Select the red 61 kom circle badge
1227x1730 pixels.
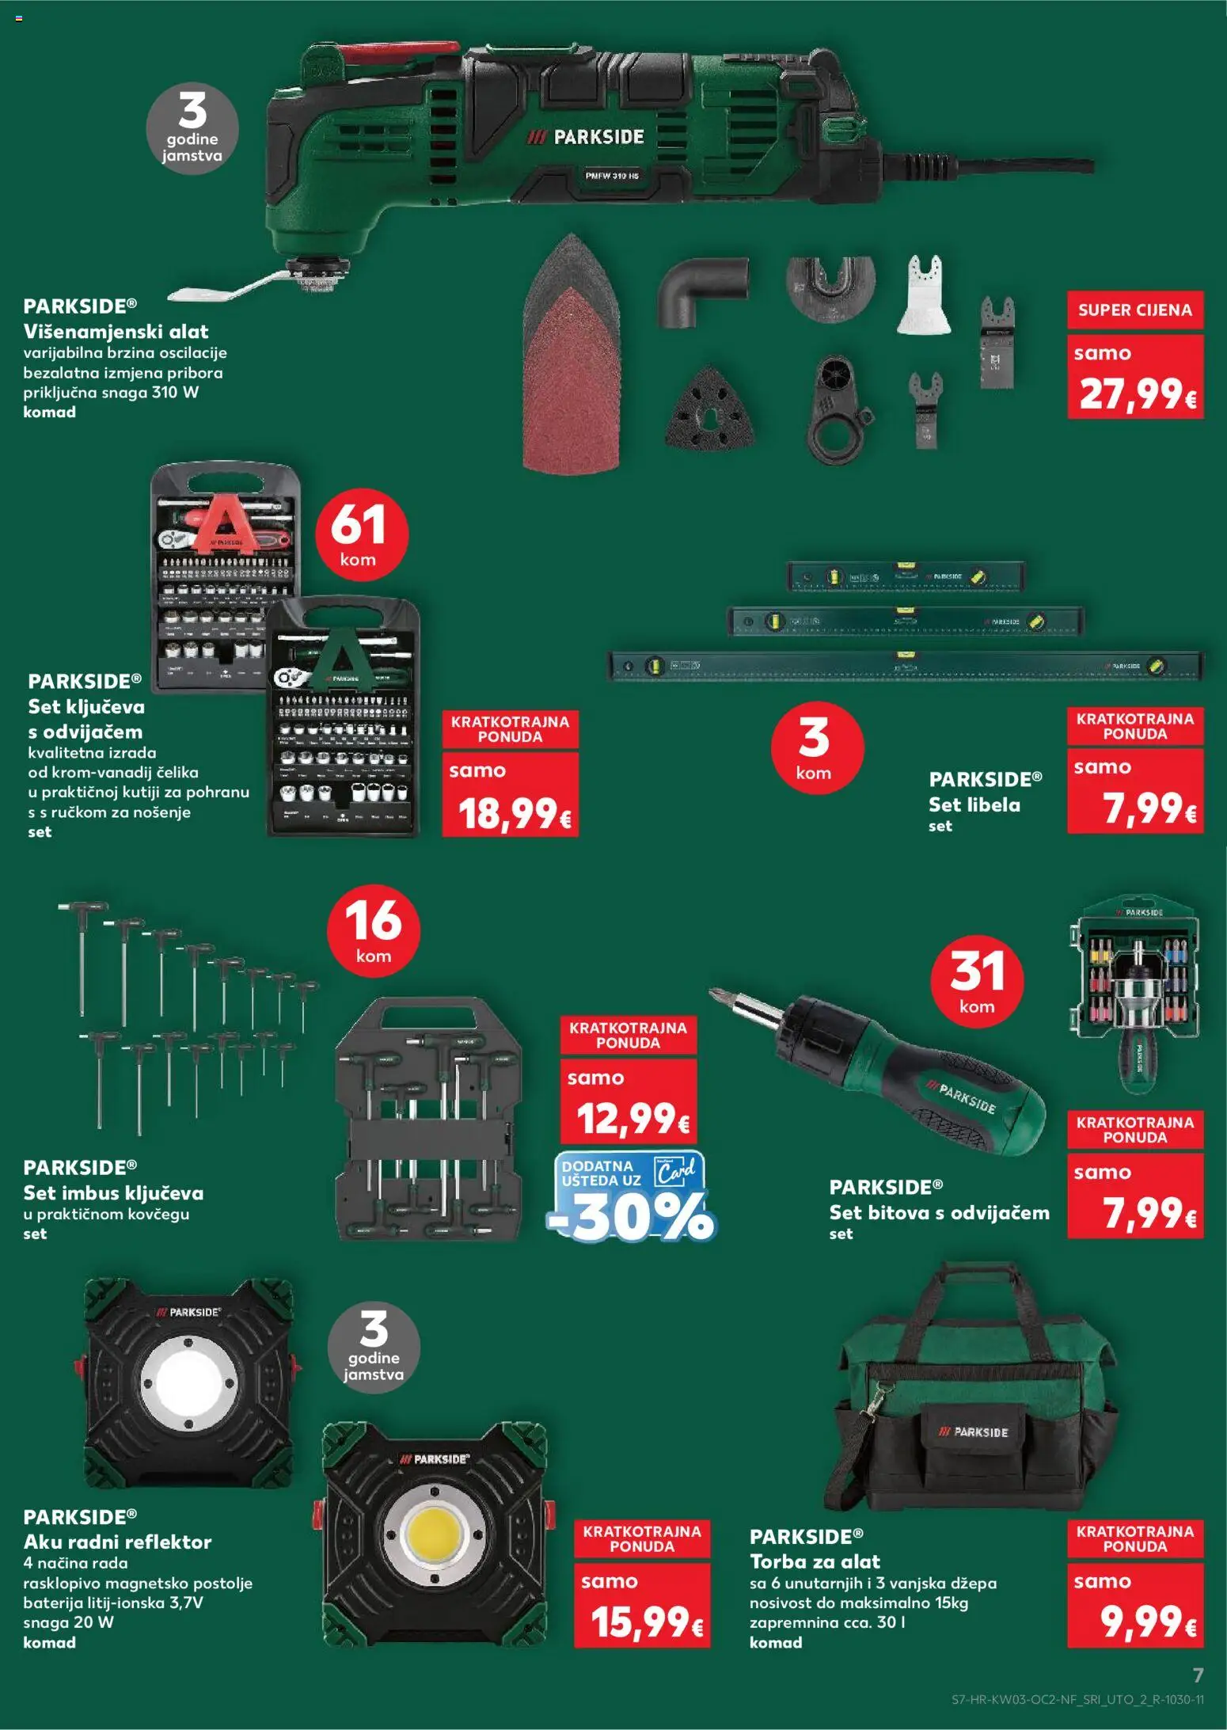361,534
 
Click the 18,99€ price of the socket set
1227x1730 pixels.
513,812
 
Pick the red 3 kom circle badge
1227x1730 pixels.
816,747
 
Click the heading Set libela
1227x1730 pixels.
974,804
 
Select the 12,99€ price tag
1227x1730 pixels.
631,1118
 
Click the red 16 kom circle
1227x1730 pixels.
373,930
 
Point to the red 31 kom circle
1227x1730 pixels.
977,981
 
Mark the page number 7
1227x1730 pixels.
1198,1675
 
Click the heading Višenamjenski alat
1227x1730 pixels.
116,331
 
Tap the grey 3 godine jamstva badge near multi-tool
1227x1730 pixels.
192,129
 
